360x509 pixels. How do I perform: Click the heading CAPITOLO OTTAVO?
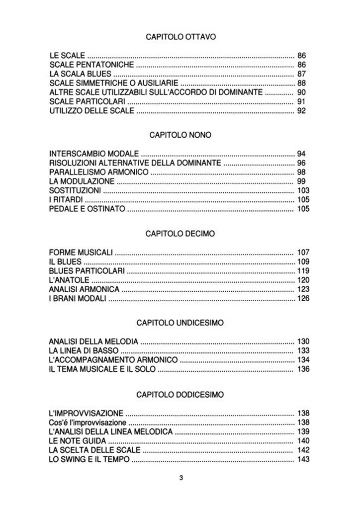(x=180, y=37)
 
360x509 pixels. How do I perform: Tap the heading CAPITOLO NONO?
(x=180, y=135)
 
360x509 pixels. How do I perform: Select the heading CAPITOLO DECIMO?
(x=180, y=234)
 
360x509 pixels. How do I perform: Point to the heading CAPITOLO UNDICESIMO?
(x=180, y=323)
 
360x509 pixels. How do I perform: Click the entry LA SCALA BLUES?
(x=80, y=74)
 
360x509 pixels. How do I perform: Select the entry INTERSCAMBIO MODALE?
(x=94, y=154)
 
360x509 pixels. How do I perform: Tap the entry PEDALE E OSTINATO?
(x=87, y=209)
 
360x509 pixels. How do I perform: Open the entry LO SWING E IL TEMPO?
(x=90, y=459)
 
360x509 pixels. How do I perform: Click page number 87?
(x=301, y=74)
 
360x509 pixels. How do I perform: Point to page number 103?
(x=303, y=190)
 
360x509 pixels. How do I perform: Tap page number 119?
(x=303, y=271)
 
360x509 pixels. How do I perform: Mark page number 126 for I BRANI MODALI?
(x=303, y=298)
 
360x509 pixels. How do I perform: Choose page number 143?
(x=303, y=459)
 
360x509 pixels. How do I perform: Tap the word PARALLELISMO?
(x=75, y=172)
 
